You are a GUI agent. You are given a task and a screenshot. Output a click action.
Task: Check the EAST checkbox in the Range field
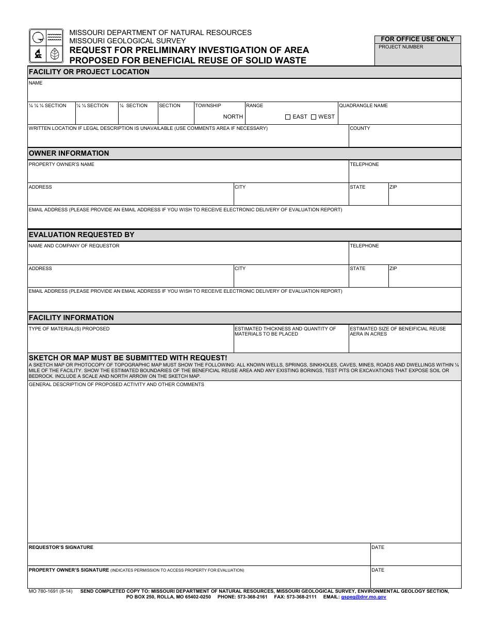pos(288,117)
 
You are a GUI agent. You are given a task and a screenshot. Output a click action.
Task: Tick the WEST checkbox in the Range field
pos(314,117)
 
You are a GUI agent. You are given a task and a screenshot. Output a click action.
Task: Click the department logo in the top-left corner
pos(46,46)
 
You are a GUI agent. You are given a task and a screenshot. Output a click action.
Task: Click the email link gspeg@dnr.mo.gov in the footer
pos(363,597)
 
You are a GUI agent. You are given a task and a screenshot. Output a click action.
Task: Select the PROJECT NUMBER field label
pos(401,47)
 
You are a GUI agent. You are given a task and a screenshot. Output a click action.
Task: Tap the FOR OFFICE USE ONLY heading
pos(417,39)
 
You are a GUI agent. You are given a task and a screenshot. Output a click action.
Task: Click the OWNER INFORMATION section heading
pos(69,153)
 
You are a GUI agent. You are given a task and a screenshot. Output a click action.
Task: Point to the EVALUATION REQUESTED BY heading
pos(81,235)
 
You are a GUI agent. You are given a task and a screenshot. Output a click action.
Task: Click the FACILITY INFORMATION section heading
pos(71,318)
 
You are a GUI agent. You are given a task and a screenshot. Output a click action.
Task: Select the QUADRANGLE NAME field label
pos(363,106)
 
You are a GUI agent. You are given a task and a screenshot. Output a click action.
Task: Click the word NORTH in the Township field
pos(233,117)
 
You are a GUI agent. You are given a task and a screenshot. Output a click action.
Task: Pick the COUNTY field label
pos(360,128)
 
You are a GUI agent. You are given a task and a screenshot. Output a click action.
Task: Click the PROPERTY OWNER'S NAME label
pos(61,164)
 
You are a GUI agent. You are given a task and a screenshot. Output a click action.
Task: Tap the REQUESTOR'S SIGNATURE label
pos(61,547)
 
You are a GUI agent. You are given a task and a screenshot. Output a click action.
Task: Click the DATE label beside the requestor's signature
pos(378,547)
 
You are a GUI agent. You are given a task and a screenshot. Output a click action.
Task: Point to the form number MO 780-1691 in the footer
pos(51,591)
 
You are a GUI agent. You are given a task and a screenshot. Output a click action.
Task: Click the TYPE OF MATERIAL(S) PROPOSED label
pos(69,329)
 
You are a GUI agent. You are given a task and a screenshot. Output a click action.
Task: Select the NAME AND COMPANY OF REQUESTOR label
pos(74,246)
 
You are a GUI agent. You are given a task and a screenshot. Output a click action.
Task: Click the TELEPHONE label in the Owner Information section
pos(364,164)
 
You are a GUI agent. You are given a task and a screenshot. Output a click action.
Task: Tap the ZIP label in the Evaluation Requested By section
pos(393,269)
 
